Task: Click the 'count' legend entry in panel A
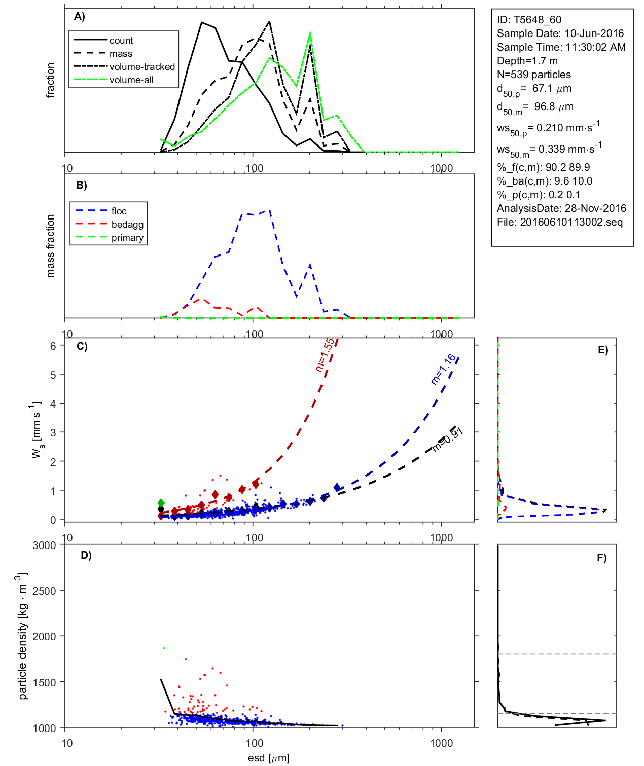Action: [x=121, y=41]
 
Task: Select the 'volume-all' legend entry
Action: [x=131, y=80]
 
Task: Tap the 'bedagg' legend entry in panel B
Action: [x=127, y=225]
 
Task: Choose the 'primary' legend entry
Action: [x=127, y=238]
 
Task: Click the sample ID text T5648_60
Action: [x=529, y=20]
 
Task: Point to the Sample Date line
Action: [x=560, y=33]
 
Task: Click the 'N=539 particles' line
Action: [x=533, y=75]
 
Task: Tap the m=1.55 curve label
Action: [x=325, y=355]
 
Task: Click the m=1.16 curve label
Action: [x=443, y=370]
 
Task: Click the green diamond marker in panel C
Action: [x=161, y=502]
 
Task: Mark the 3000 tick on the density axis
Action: [x=44, y=545]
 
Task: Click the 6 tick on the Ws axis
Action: [x=53, y=346]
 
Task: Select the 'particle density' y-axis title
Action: [x=23, y=636]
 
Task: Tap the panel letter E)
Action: [x=602, y=350]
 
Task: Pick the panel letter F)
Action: [x=601, y=558]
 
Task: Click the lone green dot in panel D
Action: [x=164, y=648]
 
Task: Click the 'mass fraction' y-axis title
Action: [x=50, y=246]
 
